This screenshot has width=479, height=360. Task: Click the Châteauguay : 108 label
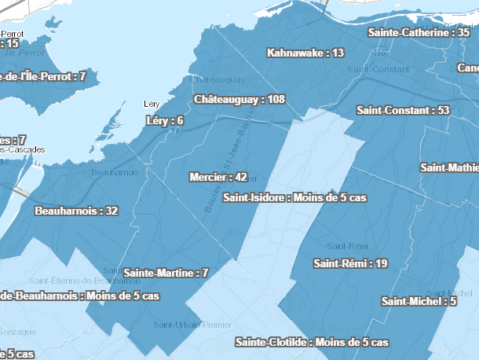[x=239, y=100]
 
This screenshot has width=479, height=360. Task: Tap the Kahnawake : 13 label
[x=305, y=53]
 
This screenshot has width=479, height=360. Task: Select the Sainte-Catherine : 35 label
[x=419, y=33]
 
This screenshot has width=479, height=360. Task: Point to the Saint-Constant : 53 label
[x=402, y=110]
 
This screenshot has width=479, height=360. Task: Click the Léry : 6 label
[x=165, y=120]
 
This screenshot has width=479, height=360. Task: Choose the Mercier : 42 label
[x=218, y=177]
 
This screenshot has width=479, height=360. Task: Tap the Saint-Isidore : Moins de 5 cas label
[x=295, y=198]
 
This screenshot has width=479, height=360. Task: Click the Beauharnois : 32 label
[x=76, y=211]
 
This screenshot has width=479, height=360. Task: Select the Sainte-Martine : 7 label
[x=166, y=273]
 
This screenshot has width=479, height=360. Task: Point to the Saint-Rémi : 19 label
[x=350, y=263]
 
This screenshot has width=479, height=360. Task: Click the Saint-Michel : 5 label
[x=419, y=301]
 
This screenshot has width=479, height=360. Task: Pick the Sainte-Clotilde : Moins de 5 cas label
[x=312, y=342]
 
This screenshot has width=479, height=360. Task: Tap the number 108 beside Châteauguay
[x=275, y=100]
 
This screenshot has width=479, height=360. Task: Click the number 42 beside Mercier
[x=241, y=177]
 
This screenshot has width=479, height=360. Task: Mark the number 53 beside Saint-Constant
[x=443, y=110]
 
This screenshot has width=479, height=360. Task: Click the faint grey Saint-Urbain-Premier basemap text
[x=192, y=324]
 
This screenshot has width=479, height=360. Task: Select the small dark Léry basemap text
[x=152, y=104]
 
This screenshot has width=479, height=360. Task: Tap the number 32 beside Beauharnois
[x=111, y=211]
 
